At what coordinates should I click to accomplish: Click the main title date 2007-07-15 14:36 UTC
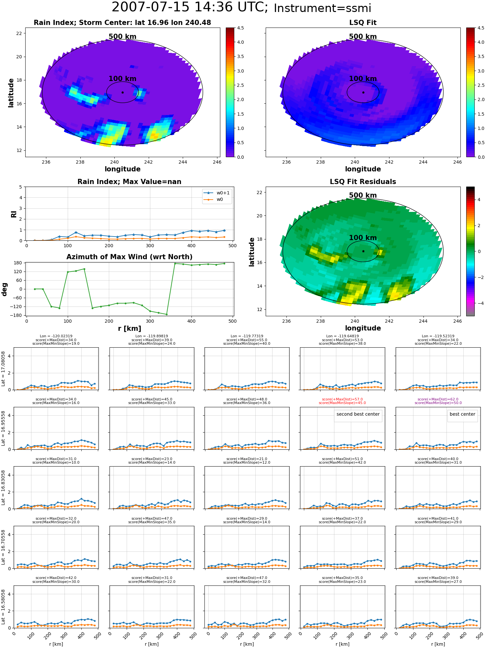point(190,7)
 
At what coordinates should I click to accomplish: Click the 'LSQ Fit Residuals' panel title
point(363,182)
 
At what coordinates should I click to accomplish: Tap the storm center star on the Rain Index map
point(122,92)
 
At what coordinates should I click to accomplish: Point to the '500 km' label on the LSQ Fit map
point(363,37)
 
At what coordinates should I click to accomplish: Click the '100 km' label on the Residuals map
point(363,237)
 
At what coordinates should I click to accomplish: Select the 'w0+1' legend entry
point(217,193)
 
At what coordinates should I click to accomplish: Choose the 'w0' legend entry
point(214,200)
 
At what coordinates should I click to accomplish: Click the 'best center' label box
point(462,414)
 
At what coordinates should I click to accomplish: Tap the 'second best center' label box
point(358,414)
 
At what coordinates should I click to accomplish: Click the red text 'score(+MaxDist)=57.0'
point(342,399)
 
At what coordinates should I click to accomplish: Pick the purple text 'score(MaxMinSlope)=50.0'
point(438,403)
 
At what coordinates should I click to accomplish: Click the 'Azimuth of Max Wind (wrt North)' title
point(129,257)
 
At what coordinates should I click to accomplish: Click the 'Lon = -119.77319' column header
point(247,336)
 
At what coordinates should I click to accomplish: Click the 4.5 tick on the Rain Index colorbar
point(240,28)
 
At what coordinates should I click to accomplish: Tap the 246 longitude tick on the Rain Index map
point(217,162)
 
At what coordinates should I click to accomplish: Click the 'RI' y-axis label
point(14,214)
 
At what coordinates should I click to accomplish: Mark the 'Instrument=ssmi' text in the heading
point(322,8)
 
